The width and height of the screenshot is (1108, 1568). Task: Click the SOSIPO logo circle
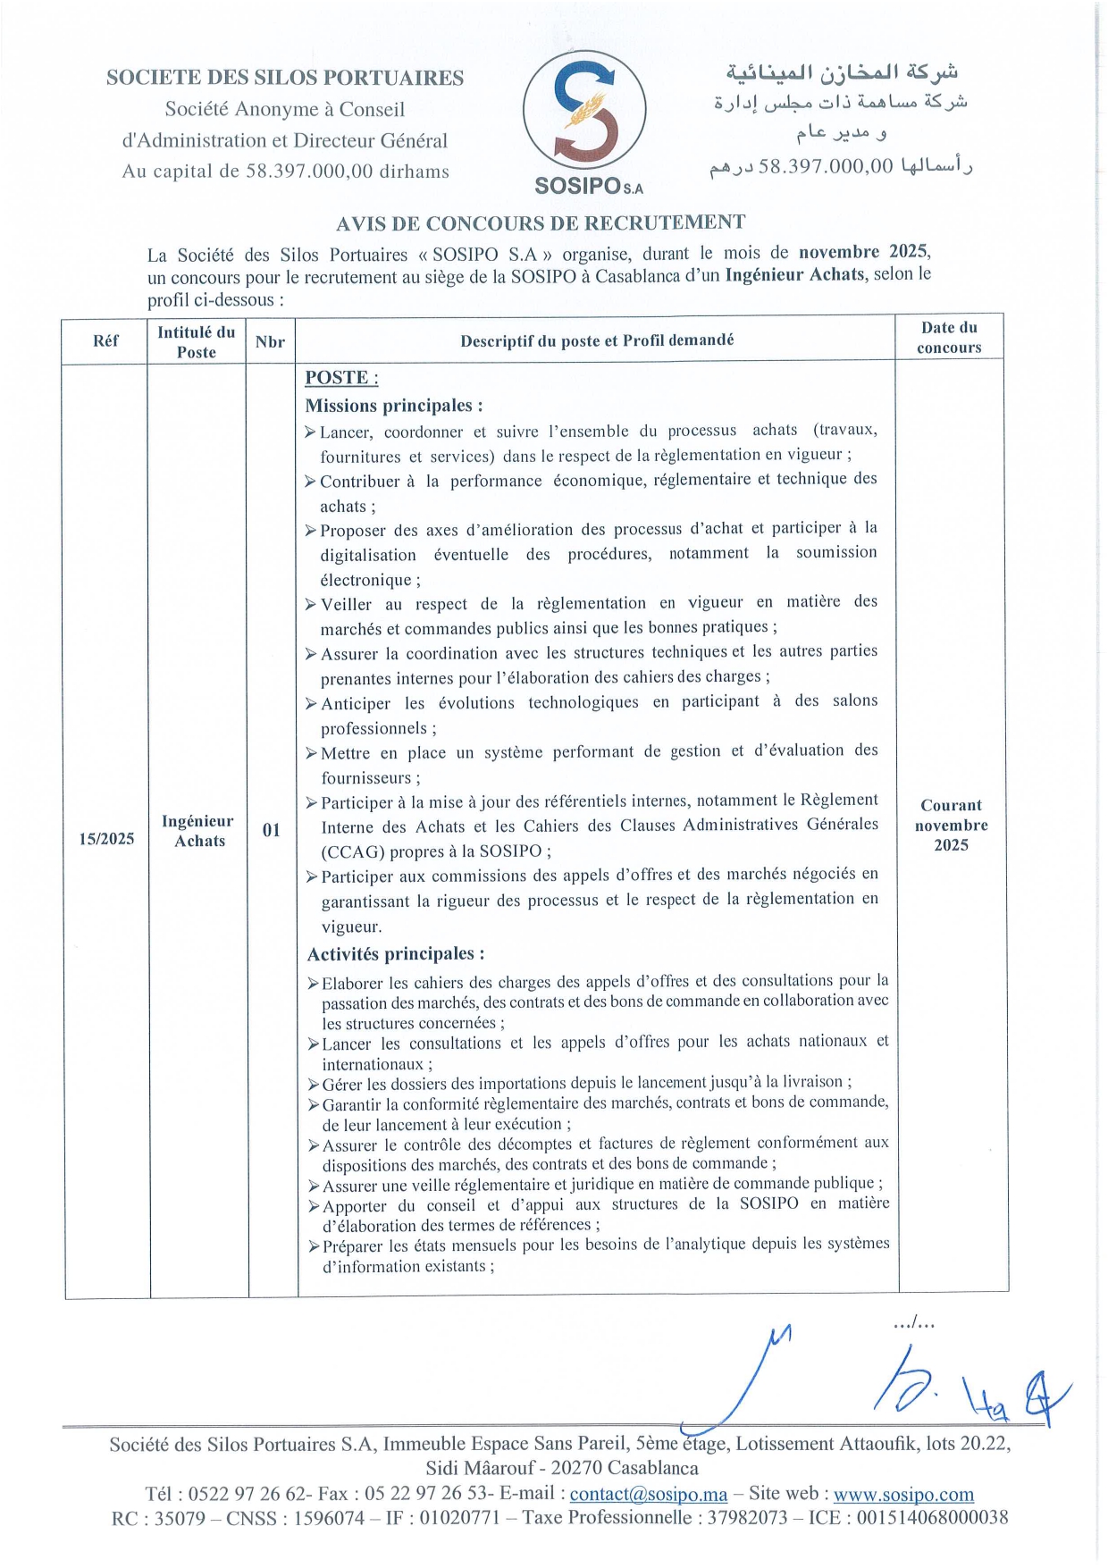[x=584, y=112]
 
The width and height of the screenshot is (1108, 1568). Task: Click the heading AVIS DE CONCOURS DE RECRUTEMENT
[x=541, y=223]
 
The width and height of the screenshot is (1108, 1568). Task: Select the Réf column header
[x=105, y=340]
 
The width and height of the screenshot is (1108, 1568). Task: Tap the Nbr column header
[x=270, y=341]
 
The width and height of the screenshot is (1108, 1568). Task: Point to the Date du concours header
[x=949, y=338]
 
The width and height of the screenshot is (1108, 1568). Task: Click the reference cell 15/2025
[x=106, y=839]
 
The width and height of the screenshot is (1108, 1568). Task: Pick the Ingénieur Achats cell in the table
[x=198, y=831]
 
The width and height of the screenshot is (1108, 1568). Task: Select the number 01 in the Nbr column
[x=272, y=831]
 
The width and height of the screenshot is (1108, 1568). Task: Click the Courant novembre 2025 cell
[x=951, y=825]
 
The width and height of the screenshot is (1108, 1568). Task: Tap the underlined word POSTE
[x=341, y=378]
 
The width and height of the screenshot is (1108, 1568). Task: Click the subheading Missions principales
[x=394, y=406]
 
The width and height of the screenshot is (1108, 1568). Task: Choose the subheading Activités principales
[x=396, y=954]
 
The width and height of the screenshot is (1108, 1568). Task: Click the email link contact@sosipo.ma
[x=649, y=1494]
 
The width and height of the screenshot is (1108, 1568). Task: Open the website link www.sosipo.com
[x=903, y=1494]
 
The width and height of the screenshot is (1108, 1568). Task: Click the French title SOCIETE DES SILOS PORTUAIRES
[x=285, y=78]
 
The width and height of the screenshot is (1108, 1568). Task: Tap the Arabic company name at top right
[x=841, y=71]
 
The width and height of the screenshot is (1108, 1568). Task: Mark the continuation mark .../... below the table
[x=913, y=1323]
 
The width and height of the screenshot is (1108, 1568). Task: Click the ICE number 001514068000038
[x=933, y=1517]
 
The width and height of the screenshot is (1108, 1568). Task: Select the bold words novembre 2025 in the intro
[x=863, y=252]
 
